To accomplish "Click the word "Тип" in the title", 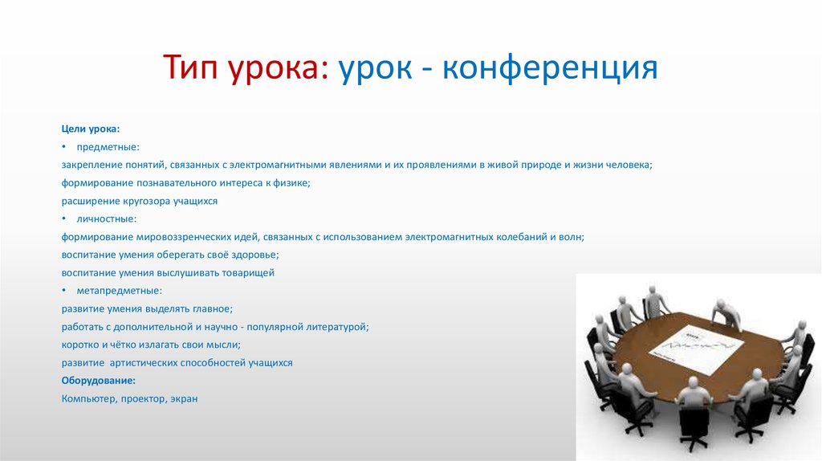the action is pos(190,67).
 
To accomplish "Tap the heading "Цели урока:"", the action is pos(91,129).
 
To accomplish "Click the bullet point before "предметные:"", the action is pos(64,147).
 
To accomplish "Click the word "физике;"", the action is pos(292,183).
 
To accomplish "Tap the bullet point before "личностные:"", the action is pos(64,218).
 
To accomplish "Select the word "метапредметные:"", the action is pos(120,291).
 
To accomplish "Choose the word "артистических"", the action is pos(143,363).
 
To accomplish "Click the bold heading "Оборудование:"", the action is pos(99,381).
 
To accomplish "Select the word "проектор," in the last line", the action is pos(144,398).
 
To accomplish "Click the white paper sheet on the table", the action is pos(697,349).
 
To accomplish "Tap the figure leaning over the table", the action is pos(726,315).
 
